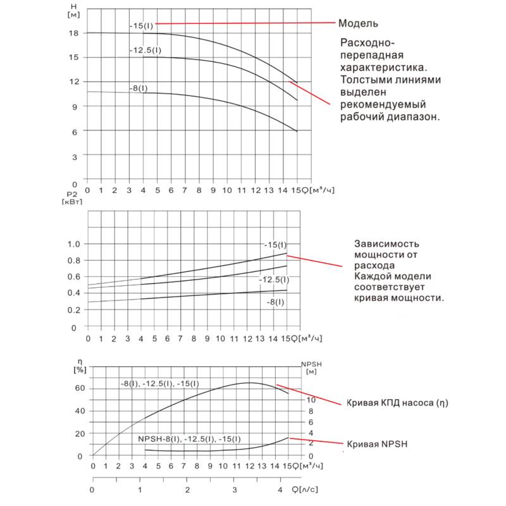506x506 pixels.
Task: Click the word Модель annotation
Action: (x=358, y=24)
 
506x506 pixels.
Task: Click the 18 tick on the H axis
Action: (x=74, y=32)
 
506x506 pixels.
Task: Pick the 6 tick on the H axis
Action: (x=75, y=131)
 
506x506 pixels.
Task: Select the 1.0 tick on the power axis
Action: (x=74, y=244)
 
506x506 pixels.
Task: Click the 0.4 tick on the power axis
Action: (x=74, y=293)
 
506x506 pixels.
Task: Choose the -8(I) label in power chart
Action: (x=276, y=302)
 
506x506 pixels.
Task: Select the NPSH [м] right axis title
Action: (x=311, y=368)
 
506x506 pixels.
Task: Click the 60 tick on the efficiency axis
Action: (x=79, y=388)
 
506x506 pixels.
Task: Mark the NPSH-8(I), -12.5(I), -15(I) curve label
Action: (x=189, y=438)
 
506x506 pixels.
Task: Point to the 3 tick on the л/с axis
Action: (x=234, y=490)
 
